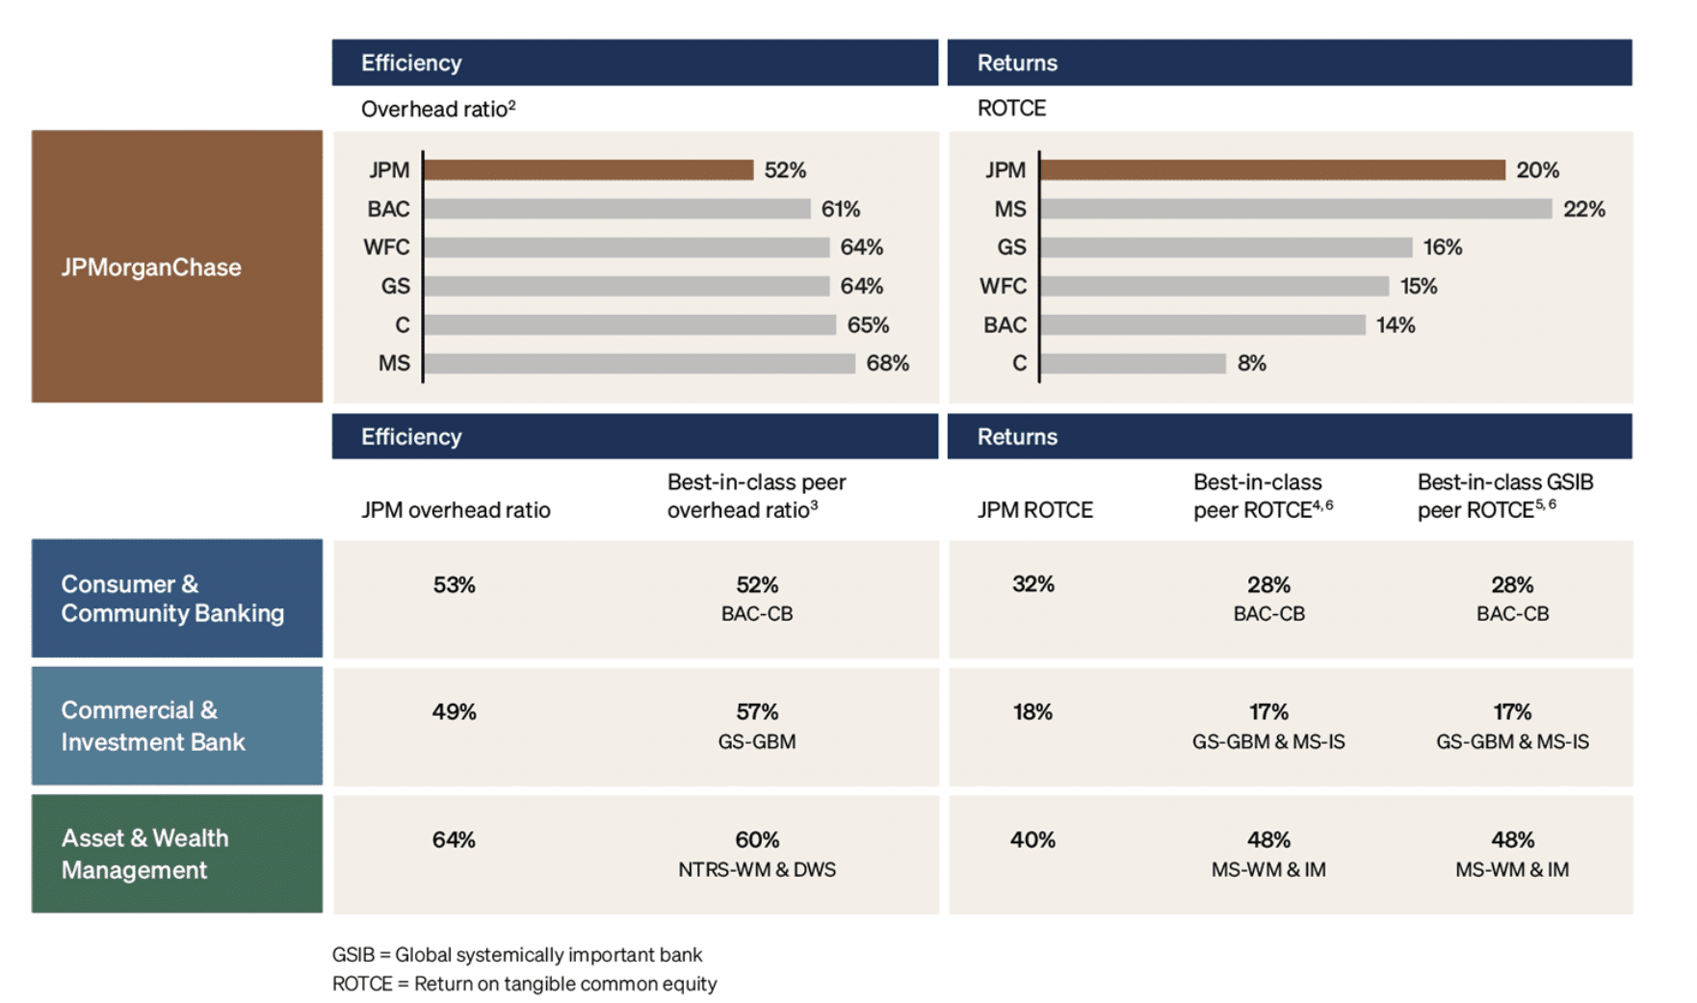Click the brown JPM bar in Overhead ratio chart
[x=587, y=170]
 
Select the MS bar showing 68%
[x=639, y=364]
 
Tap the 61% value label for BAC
[x=840, y=209]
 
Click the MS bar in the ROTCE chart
[x=1295, y=209]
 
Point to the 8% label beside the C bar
[x=1251, y=364]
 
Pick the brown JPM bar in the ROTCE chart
[x=1272, y=170]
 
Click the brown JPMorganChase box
[x=177, y=267]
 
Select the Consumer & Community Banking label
[x=172, y=599]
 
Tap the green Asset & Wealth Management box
[x=177, y=854]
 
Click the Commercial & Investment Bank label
[x=153, y=726]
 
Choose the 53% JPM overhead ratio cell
[x=454, y=585]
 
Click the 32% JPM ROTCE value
[x=1032, y=584]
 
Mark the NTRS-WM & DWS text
[x=757, y=870]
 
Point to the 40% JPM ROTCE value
[x=1032, y=840]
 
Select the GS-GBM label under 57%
[x=757, y=742]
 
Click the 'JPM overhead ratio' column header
[x=456, y=510]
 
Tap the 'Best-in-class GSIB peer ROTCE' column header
[x=1504, y=496]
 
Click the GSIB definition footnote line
[x=517, y=955]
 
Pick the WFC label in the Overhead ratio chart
[x=386, y=247]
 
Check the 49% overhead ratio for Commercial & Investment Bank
[x=454, y=712]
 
